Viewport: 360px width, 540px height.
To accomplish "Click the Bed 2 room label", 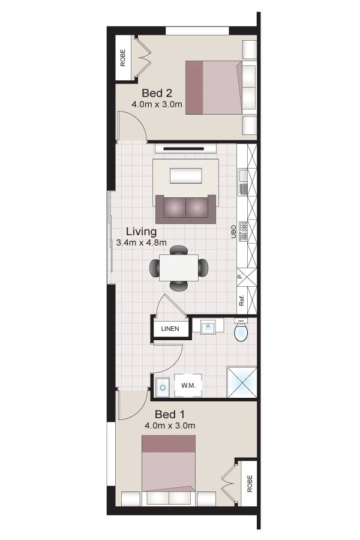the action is [x=157, y=93].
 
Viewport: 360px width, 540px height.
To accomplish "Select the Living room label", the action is [x=141, y=232].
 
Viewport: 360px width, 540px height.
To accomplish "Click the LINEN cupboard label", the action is [x=170, y=329].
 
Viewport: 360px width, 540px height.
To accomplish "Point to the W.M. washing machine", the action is [x=188, y=385].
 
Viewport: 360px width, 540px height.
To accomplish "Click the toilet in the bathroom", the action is [x=241, y=330].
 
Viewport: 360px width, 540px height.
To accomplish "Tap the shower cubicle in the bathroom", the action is [x=241, y=382].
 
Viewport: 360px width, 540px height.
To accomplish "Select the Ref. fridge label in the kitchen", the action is [x=241, y=301].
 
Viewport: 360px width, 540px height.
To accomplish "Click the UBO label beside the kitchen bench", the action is [x=233, y=232].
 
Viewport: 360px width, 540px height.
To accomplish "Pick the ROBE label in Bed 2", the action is [x=122, y=58].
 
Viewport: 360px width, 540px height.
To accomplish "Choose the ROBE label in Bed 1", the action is [x=250, y=484].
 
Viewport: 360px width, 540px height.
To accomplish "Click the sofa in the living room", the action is [x=185, y=209].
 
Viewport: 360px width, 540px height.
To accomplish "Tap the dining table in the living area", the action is [x=179, y=268].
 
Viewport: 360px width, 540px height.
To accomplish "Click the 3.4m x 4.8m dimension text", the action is [x=141, y=242].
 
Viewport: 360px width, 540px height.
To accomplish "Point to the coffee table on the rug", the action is [x=186, y=176].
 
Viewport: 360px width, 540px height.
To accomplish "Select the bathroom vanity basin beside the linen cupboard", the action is [x=208, y=326].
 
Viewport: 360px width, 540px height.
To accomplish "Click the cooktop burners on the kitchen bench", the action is [x=243, y=231].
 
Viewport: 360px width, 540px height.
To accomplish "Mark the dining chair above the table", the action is [x=179, y=250].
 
